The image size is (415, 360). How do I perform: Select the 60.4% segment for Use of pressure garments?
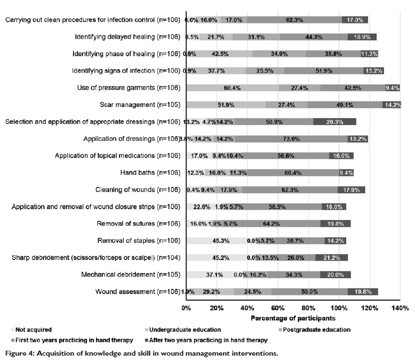233,88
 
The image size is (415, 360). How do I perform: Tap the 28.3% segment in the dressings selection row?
335,122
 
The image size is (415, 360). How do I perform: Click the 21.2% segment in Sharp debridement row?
331,258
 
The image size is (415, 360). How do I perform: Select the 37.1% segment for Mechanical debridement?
215,275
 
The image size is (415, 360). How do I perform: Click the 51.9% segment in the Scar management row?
226,105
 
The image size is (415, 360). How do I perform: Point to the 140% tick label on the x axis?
400,309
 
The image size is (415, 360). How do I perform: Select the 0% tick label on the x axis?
186,309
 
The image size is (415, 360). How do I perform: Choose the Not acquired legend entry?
33,329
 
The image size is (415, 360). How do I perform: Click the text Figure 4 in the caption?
21,353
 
